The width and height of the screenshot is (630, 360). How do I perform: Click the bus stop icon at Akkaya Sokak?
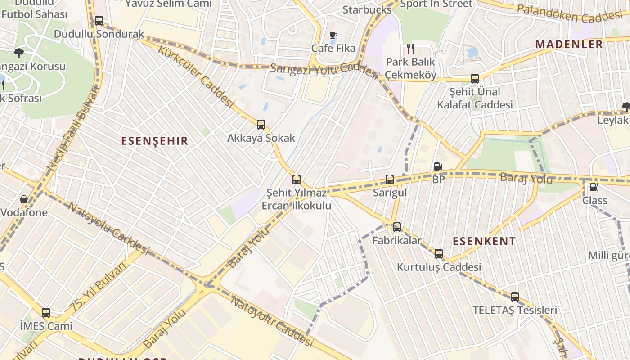pos(261,125)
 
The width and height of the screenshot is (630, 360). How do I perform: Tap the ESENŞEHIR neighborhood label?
pos(154,141)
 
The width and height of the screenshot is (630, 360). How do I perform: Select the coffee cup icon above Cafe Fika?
pos(333,35)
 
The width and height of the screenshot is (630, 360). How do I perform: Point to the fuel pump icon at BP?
pos(438,166)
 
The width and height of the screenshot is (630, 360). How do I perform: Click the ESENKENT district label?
pos(484,241)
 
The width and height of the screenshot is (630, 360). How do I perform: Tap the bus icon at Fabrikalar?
pos(396,227)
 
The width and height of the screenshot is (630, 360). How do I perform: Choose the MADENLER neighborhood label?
pos(569,44)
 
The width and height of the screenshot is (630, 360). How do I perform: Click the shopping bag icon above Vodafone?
pos(23,199)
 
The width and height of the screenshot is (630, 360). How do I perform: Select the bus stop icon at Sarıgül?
pos(390,180)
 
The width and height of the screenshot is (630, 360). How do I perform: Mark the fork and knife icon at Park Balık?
pos(410,48)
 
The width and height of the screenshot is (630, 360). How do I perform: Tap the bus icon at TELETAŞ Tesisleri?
pos(515,297)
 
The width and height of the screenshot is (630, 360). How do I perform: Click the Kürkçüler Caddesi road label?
pos(196,76)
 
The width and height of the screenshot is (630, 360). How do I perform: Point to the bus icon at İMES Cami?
pos(46,313)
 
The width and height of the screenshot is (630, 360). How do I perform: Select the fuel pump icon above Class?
pos(594,187)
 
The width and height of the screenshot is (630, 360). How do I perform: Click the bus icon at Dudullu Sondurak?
pos(99,21)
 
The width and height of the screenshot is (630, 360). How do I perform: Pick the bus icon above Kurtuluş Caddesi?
pos(439,254)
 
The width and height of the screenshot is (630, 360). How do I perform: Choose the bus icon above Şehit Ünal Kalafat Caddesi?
pos(475,79)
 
